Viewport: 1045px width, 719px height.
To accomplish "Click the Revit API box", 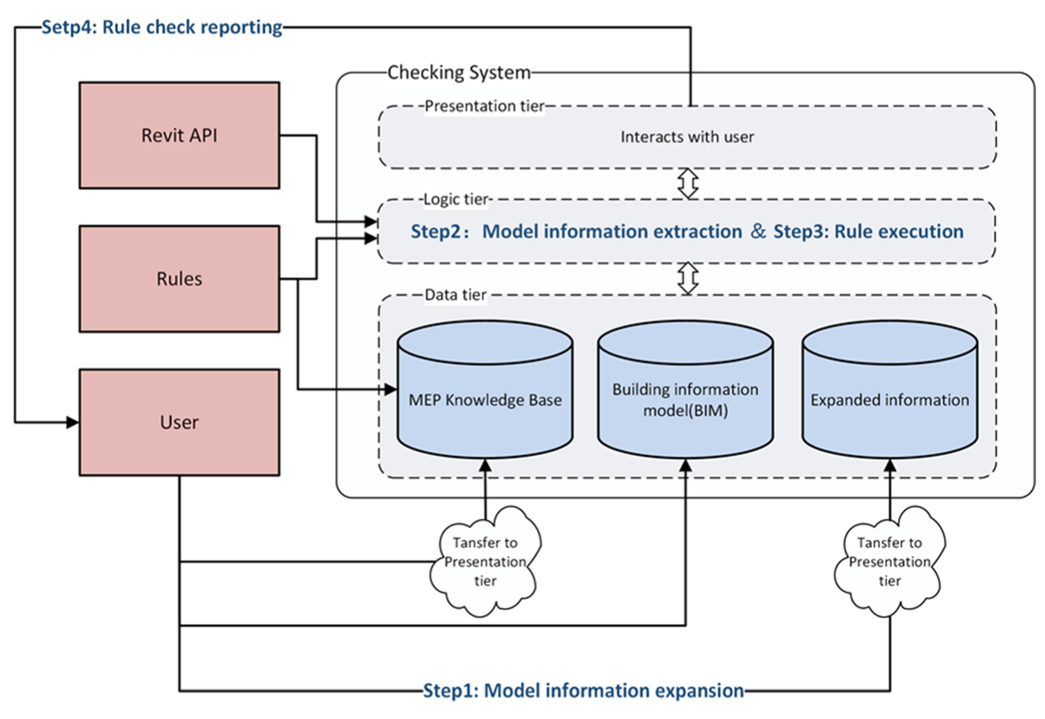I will click(179, 135).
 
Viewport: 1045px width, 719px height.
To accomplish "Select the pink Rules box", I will click(179, 279).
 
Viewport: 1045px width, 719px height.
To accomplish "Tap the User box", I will click(179, 422).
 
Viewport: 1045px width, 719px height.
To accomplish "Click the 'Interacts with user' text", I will click(687, 137).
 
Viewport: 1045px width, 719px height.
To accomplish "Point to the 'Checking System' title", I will click(459, 73).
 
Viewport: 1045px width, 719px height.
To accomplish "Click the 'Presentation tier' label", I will click(484, 106).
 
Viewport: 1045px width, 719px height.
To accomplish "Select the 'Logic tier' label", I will click(456, 199).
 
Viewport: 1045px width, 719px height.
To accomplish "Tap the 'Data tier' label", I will click(455, 295).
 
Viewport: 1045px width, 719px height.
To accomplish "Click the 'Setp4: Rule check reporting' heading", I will click(162, 27).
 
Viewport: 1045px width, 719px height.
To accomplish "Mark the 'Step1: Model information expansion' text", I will click(583, 691).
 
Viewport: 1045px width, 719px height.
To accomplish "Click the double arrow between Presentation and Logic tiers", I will click(688, 183).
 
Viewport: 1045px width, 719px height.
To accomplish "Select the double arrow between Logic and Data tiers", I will click(688, 278).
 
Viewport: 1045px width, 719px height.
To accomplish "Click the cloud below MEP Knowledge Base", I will click(485, 562).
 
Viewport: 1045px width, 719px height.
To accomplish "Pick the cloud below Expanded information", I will click(889, 562).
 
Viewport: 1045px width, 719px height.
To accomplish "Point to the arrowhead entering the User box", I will click(73, 422).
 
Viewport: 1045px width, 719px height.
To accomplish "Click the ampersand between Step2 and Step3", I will click(758, 231).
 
